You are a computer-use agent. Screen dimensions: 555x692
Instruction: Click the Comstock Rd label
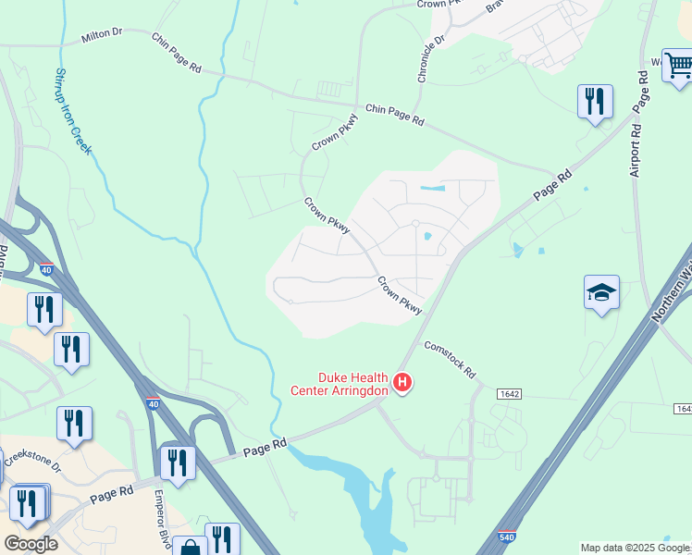coord(450,360)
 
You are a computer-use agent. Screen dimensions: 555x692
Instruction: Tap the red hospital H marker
coord(402,381)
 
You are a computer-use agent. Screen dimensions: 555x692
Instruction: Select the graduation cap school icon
coord(601,293)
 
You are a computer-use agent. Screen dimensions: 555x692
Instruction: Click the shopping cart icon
coord(678,65)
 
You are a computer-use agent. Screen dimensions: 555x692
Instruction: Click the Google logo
coord(31,544)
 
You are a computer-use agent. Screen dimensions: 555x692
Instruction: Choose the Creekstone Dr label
coord(31,460)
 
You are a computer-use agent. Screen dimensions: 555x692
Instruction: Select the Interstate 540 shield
coord(505,536)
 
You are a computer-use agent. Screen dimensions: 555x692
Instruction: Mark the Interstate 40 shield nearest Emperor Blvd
coord(153,404)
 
